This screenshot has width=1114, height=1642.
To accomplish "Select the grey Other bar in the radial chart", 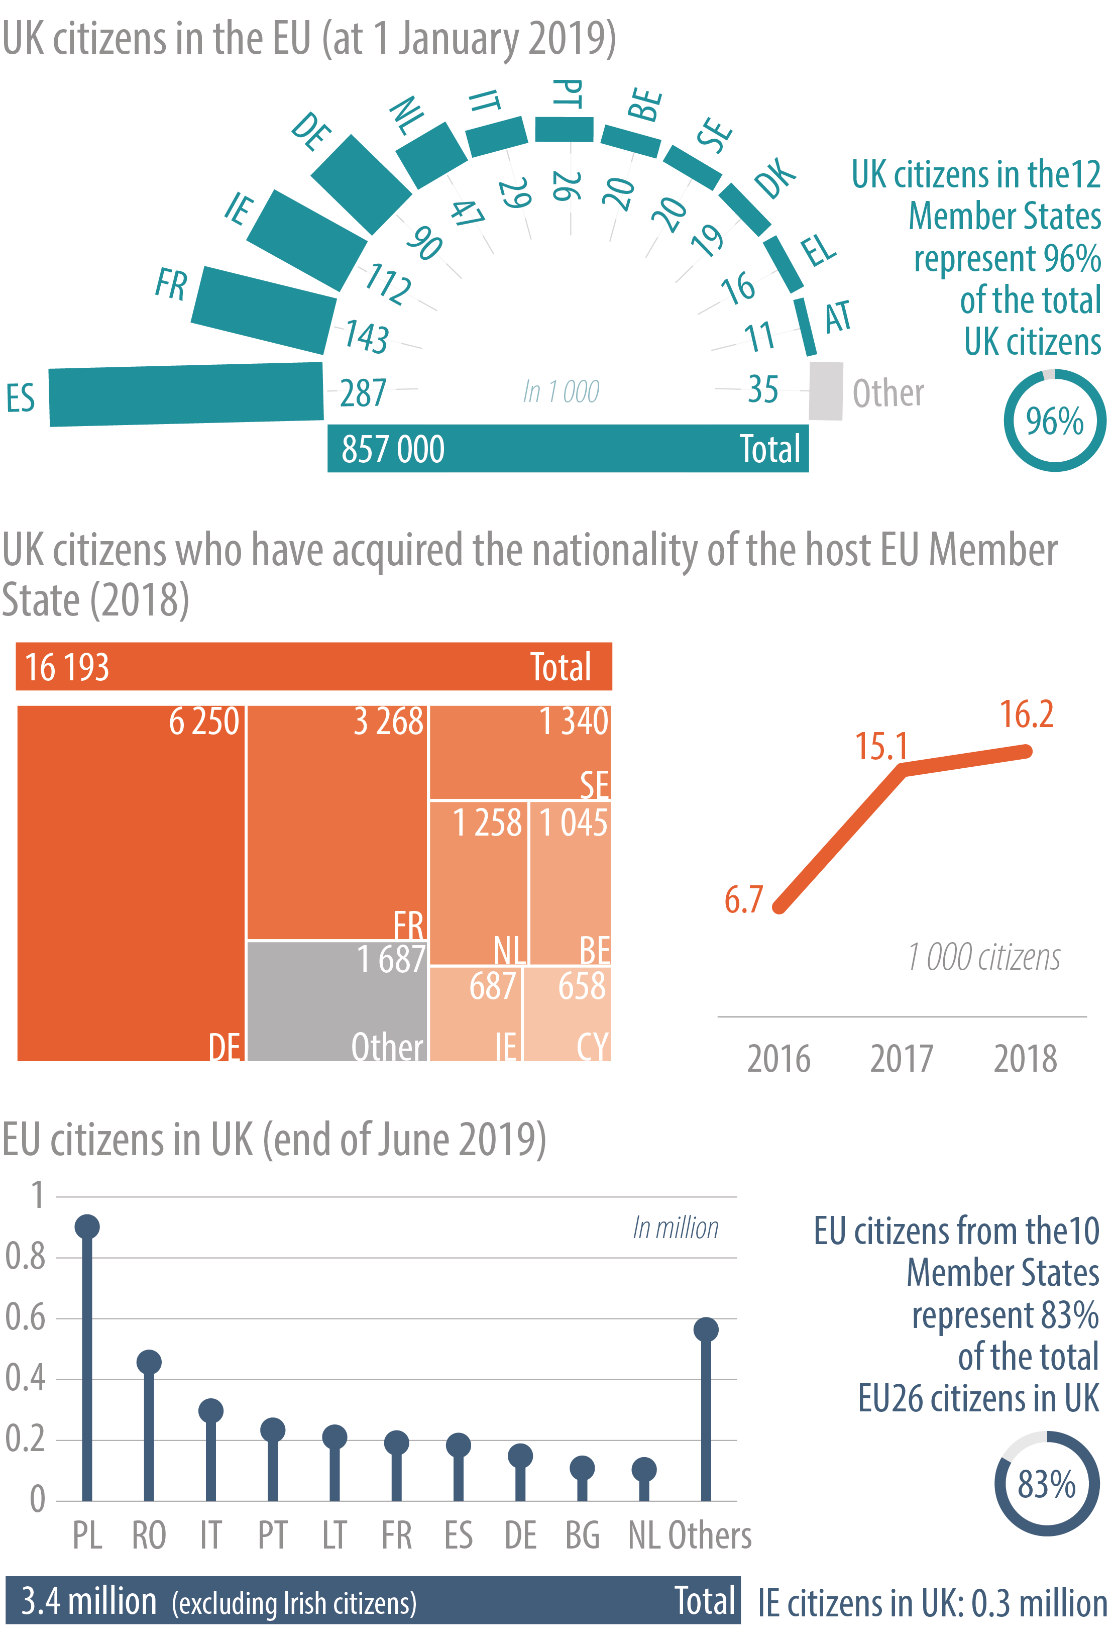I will (x=825, y=391).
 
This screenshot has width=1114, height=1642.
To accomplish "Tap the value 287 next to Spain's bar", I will (x=363, y=393).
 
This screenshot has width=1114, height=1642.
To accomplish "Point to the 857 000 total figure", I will (x=393, y=449).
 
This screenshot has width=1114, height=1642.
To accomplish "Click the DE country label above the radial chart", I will (x=311, y=132).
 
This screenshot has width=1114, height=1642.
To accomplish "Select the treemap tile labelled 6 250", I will (x=131, y=883).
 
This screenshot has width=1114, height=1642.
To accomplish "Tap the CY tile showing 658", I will (x=567, y=1013).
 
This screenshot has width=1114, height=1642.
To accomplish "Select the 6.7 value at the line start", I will (x=743, y=899).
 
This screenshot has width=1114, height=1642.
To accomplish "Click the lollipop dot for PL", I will (x=87, y=1226).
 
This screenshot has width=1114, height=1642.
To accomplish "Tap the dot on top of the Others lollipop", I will (x=706, y=1329).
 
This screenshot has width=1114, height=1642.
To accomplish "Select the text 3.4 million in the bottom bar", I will (x=89, y=1601).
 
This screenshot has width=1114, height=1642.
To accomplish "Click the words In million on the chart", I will (x=676, y=1228).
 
